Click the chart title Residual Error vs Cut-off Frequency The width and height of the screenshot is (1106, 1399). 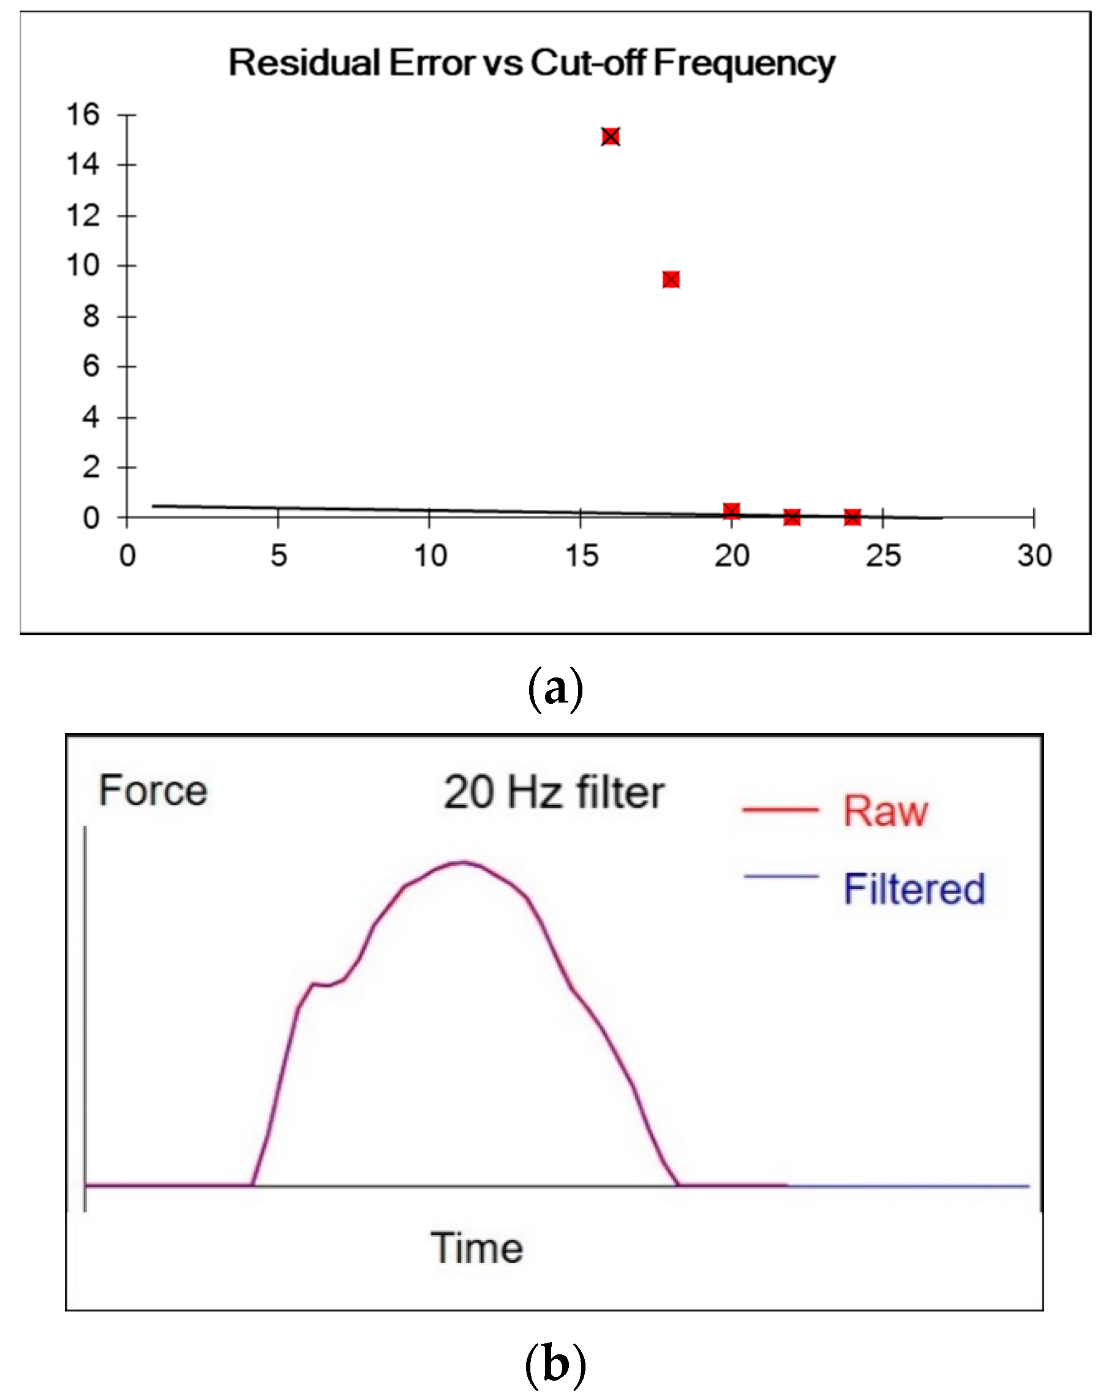(531, 64)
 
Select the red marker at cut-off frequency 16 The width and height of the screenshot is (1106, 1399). (610, 136)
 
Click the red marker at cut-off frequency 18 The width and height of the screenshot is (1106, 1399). (671, 280)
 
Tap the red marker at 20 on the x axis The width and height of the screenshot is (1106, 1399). (731, 511)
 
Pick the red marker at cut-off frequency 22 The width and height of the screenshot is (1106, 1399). (792, 517)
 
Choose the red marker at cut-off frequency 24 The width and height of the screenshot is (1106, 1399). (852, 517)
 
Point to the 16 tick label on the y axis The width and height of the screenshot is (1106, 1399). (83, 114)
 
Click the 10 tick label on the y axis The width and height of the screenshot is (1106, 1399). (83, 266)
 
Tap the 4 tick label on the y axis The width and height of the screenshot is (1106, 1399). (91, 417)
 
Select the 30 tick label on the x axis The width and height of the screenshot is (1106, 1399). (1034, 556)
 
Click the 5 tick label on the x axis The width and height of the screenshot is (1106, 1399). (279, 556)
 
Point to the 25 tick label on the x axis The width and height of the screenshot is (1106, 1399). (882, 556)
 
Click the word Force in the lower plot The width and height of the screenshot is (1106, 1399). (153, 790)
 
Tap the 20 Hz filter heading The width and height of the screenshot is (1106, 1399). (554, 792)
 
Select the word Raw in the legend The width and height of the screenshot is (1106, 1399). (885, 811)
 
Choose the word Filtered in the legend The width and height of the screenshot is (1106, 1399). (914, 889)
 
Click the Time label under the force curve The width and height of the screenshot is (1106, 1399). (476, 1248)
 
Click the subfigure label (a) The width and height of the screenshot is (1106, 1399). (555, 690)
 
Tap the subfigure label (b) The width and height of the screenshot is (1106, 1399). (555, 1364)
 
